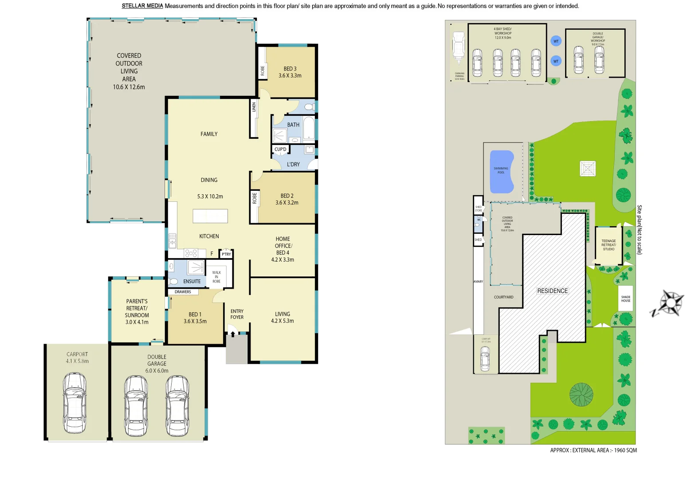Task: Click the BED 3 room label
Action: click(290, 72)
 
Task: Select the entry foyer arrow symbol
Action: click(232, 334)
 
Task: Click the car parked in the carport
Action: click(75, 403)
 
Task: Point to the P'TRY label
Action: click(226, 254)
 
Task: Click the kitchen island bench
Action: click(210, 216)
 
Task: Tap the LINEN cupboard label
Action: click(254, 107)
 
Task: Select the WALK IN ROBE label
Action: click(216, 277)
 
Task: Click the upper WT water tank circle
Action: click(556, 41)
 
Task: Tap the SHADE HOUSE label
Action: click(625, 299)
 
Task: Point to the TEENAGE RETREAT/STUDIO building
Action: click(609, 245)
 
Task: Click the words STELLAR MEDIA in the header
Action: click(142, 6)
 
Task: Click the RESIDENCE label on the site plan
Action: click(552, 291)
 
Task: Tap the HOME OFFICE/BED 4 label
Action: click(283, 249)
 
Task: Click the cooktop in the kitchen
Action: click(191, 253)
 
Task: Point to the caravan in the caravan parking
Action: click(459, 46)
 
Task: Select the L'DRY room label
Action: click(293, 164)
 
